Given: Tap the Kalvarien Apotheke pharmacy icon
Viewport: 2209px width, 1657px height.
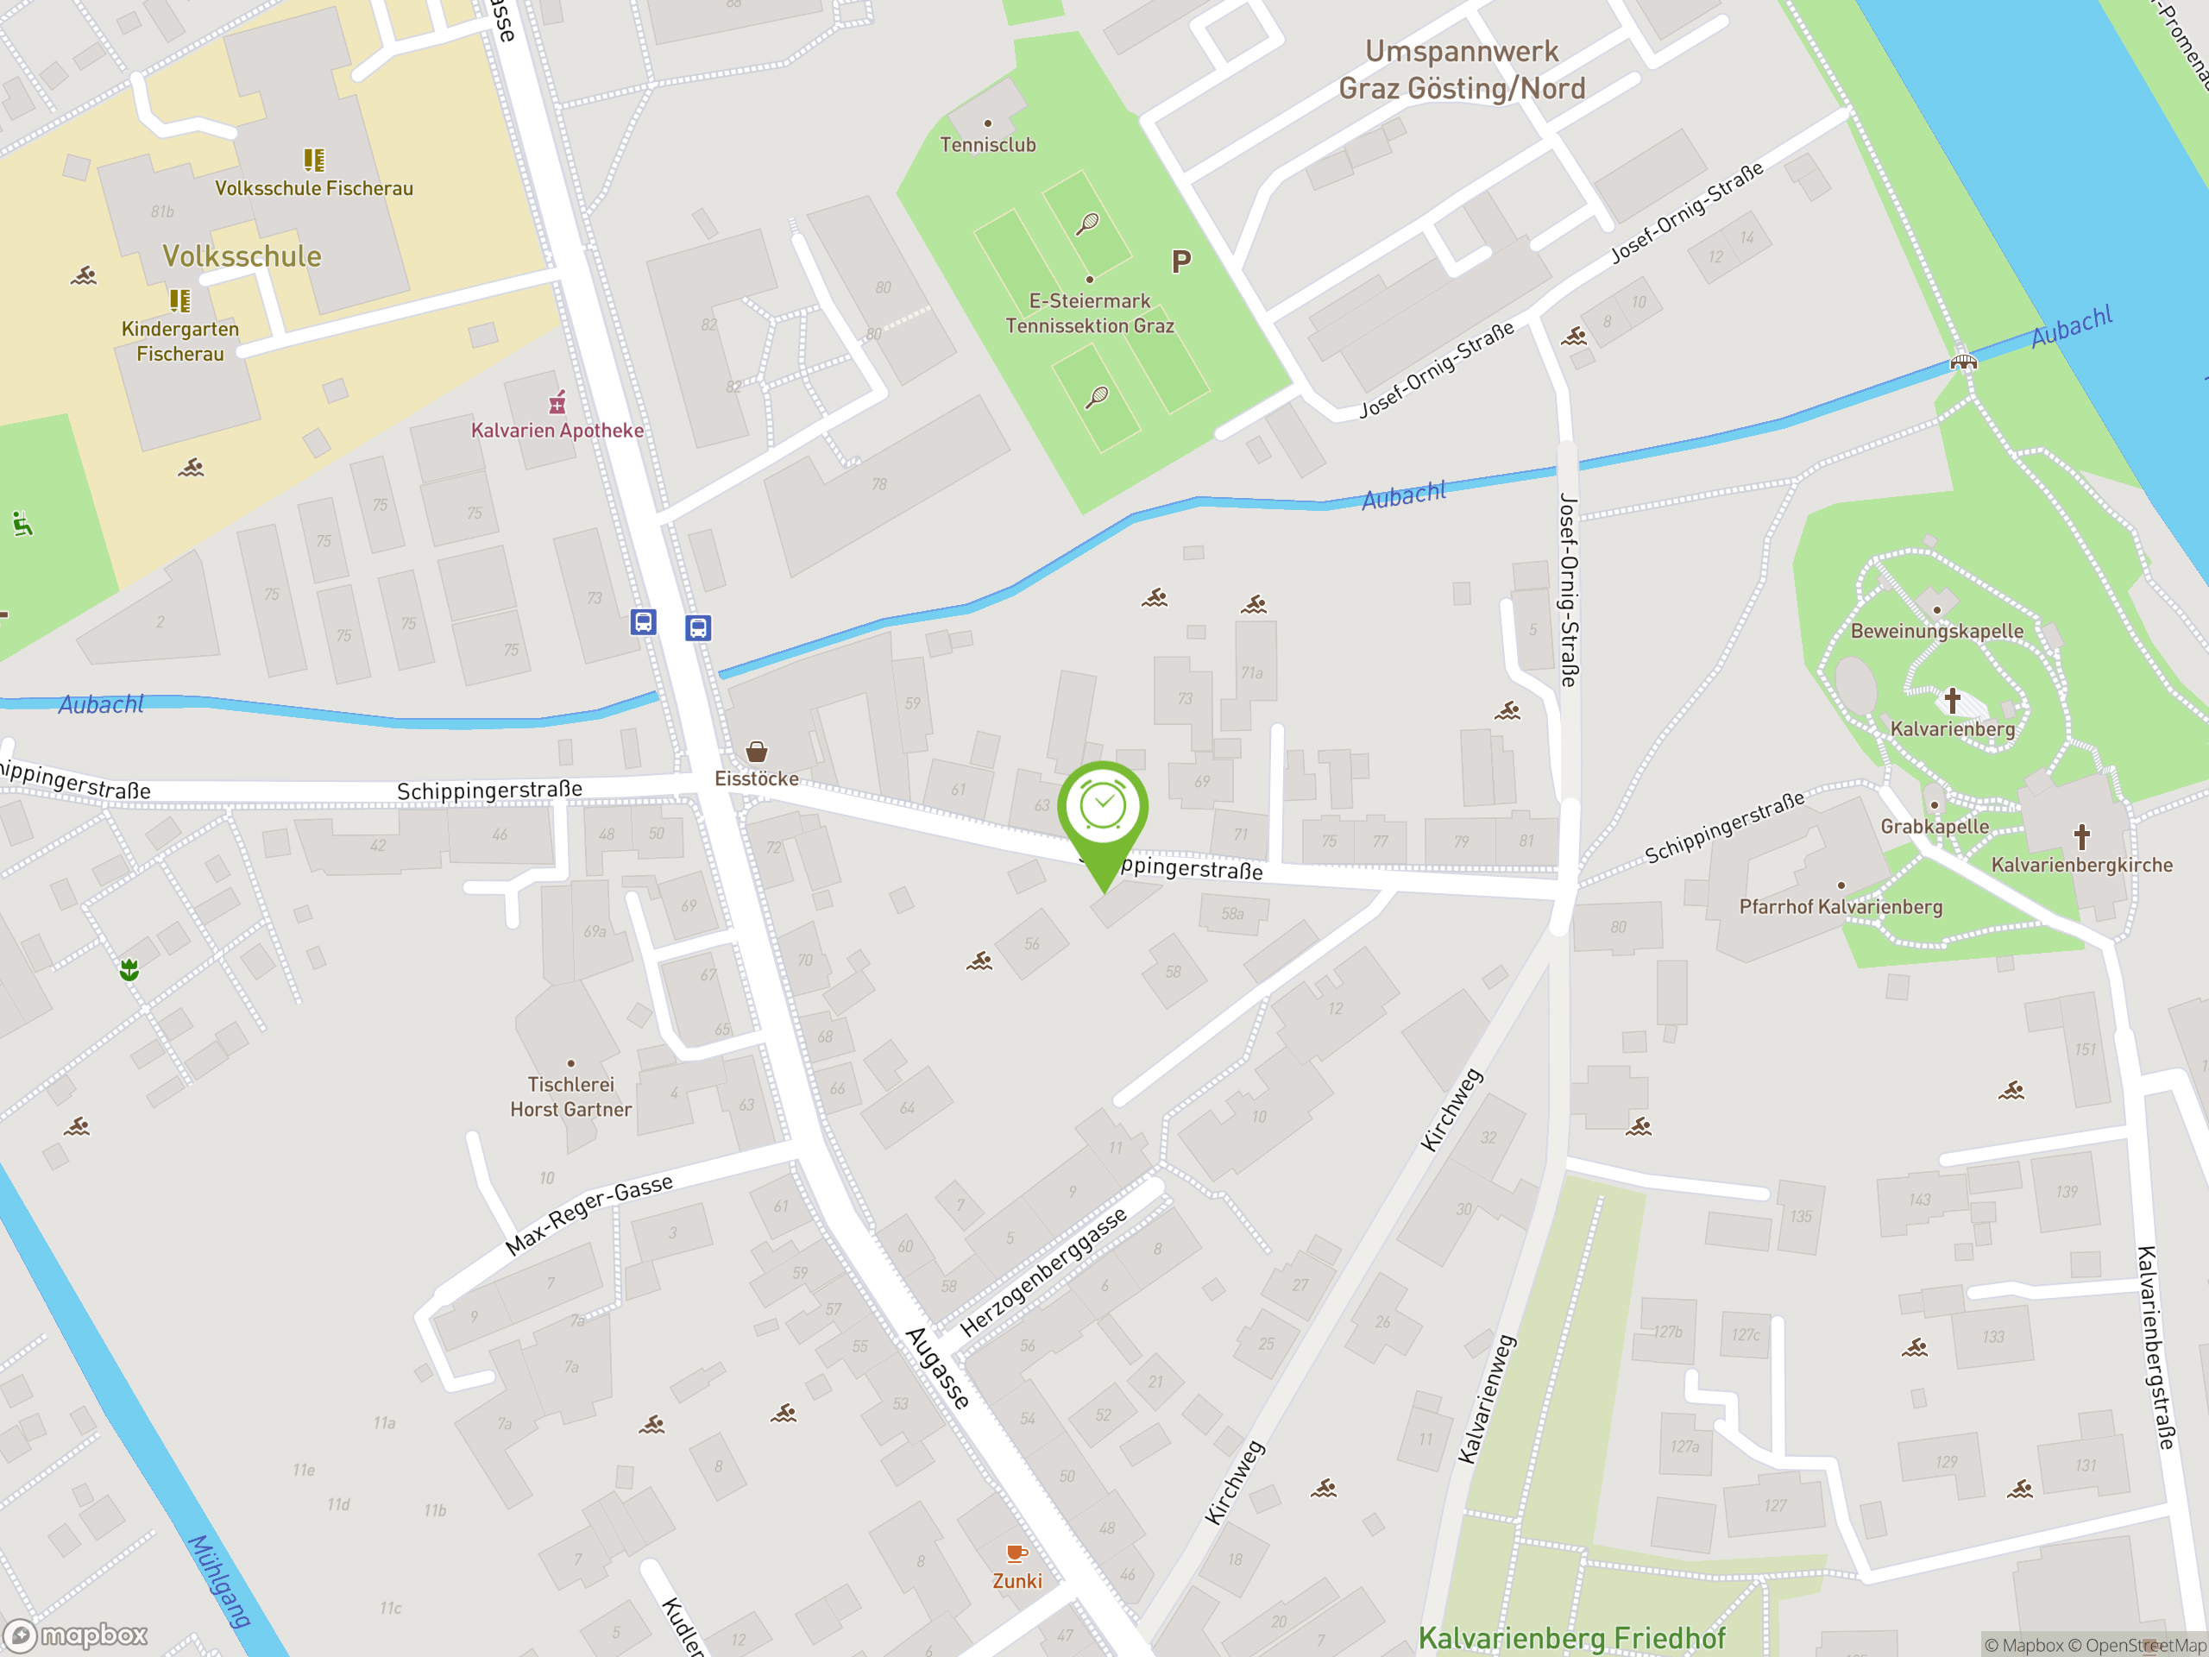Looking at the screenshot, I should click(x=557, y=402).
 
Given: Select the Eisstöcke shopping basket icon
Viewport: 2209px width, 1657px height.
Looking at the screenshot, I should click(x=756, y=751).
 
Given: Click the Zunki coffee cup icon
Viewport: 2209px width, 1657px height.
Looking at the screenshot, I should click(x=1016, y=1553).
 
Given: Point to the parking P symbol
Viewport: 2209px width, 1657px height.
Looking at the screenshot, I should click(x=1180, y=262).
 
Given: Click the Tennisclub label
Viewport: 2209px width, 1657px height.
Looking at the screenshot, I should click(x=988, y=145).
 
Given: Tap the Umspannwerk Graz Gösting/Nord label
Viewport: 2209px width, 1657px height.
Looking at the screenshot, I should click(x=1461, y=70).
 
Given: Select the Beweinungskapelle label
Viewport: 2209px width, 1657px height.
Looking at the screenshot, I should click(x=1936, y=631).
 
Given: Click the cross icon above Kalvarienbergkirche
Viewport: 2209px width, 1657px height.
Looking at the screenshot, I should click(x=2081, y=836).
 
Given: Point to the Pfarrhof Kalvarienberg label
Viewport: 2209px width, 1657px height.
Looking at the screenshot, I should click(x=1841, y=907).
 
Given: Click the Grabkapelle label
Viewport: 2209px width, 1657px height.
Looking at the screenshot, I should click(x=1935, y=827).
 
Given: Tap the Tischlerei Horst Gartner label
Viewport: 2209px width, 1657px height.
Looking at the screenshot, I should click(x=570, y=1097).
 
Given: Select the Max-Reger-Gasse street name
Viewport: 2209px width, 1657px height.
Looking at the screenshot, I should click(x=589, y=1214).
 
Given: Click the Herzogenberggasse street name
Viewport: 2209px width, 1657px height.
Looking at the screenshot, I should click(x=1042, y=1271).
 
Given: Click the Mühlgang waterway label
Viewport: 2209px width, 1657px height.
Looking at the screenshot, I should click(x=220, y=1581).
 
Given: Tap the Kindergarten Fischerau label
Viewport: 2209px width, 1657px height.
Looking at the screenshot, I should click(x=179, y=341).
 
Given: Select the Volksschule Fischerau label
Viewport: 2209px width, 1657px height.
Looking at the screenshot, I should click(x=313, y=188).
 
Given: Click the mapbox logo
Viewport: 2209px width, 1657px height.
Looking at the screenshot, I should click(x=77, y=1635).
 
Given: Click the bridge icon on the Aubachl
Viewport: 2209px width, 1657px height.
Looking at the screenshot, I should click(x=1963, y=362).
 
